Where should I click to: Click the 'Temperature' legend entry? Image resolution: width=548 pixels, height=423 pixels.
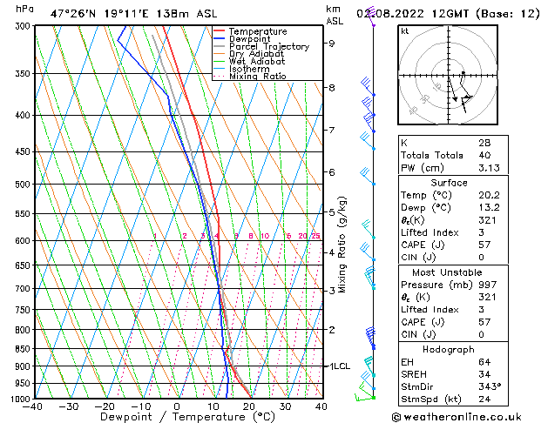(257, 31)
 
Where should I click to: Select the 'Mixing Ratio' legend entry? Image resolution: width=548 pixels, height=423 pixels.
(258, 77)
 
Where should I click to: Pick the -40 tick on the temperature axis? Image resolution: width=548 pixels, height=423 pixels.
(34, 406)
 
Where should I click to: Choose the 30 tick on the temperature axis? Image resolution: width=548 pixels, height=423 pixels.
(285, 406)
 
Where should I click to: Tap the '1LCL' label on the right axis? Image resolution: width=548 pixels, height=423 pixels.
(338, 366)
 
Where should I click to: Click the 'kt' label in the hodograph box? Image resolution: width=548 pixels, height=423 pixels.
(405, 30)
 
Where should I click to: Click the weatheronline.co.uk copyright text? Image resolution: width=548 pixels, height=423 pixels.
(469, 415)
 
